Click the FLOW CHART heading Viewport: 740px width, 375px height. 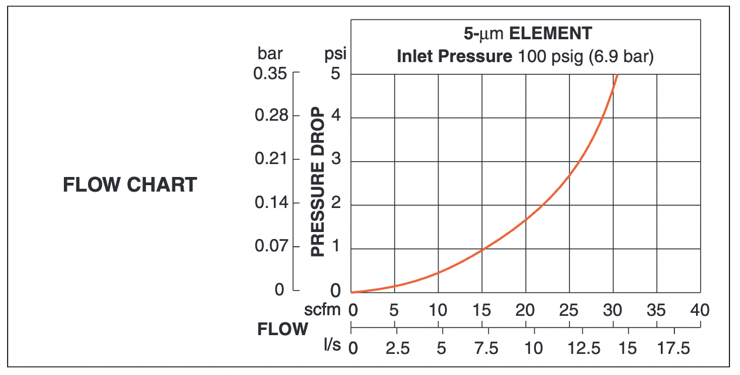[130, 185]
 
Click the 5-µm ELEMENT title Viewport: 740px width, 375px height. [528, 33]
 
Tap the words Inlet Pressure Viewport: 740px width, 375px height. [454, 56]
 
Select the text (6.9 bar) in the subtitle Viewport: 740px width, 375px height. [621, 56]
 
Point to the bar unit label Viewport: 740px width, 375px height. [270, 53]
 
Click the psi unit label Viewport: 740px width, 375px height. [335, 54]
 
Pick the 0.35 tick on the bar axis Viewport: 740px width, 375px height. [270, 73]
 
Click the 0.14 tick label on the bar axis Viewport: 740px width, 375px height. [271, 202]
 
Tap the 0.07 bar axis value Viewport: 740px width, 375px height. [271, 246]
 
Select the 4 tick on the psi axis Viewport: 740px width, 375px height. [336, 115]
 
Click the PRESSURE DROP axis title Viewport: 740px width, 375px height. [318, 182]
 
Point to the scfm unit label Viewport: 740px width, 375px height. [322, 309]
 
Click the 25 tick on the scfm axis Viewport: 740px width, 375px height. [569, 310]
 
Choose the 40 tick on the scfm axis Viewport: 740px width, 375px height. [700, 310]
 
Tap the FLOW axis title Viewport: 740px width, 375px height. [283, 329]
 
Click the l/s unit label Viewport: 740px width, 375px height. [332, 345]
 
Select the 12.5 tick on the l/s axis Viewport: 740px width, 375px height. [584, 348]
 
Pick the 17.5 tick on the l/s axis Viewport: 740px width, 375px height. [674, 348]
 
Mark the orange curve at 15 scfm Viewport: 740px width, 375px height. [482, 249]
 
